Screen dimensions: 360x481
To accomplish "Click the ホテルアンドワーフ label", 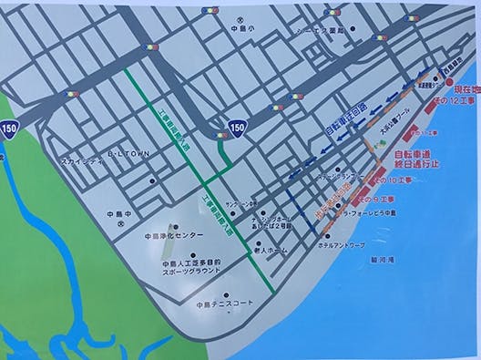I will [x=342, y=245].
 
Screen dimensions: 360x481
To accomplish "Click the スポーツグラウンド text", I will [x=193, y=271].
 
